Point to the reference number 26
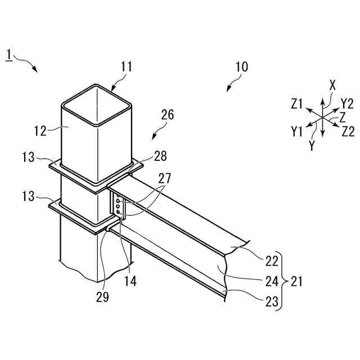[167, 115]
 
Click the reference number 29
[102, 296]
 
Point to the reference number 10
[241, 66]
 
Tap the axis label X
[332, 85]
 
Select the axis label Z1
[298, 103]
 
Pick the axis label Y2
[346, 103]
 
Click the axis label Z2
[348, 132]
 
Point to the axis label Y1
[298, 132]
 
